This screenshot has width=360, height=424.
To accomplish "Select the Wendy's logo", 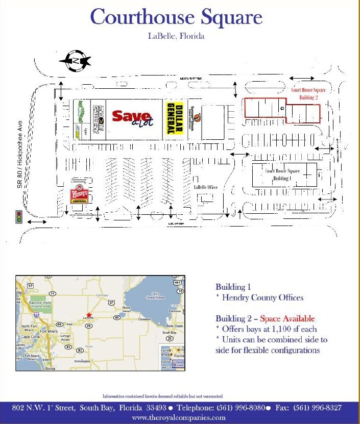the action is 79,195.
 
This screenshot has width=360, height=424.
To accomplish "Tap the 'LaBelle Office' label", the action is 205,187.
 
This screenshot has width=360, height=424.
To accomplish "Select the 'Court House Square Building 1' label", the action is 282,174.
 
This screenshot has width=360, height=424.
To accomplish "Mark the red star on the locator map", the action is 89,315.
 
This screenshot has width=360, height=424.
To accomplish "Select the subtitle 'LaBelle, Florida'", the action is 176,36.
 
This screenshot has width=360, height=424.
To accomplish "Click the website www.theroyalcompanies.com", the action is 178,417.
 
